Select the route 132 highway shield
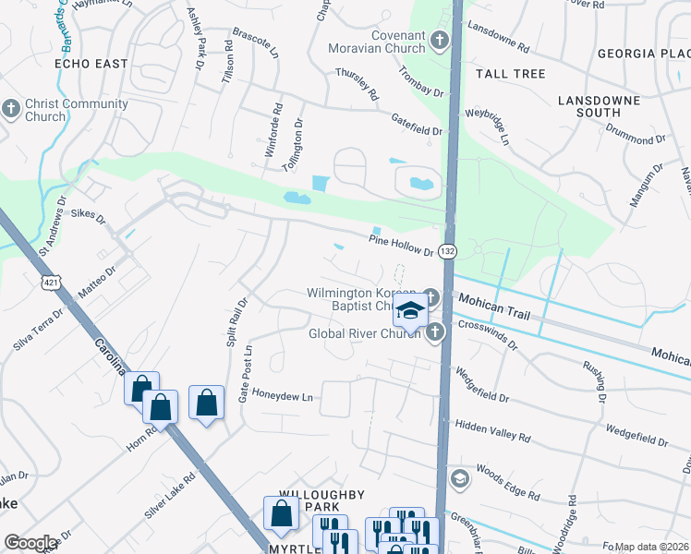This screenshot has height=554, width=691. [x=447, y=251]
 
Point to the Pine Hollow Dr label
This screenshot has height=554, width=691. [x=401, y=245]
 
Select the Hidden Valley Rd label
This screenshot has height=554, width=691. [x=493, y=430]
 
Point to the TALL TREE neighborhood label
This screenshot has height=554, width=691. [x=510, y=73]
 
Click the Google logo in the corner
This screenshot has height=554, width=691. [x=30, y=543]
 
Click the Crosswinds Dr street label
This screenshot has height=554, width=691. [x=489, y=340]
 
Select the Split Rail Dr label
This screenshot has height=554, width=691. [x=236, y=321]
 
